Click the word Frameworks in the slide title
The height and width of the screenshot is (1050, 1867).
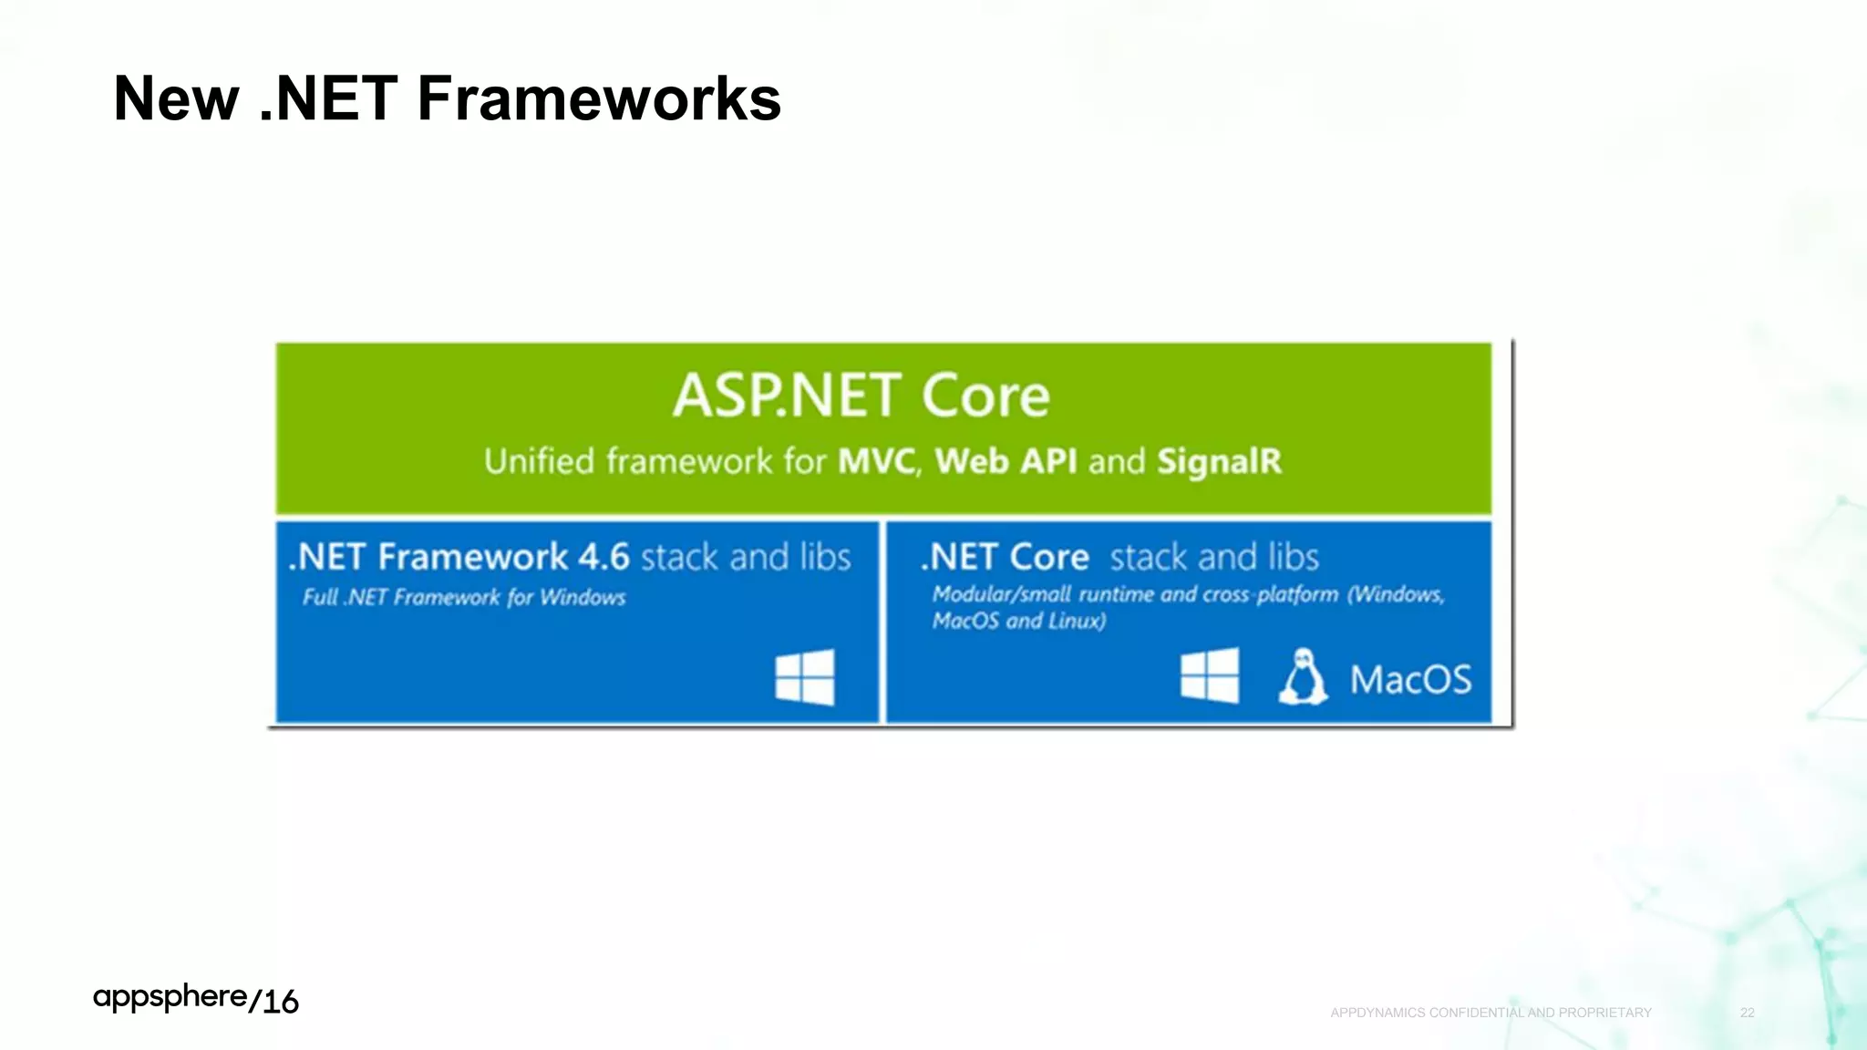tap(598, 98)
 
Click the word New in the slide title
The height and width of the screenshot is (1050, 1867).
tap(177, 98)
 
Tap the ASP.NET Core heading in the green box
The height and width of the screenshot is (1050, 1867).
tap(861, 396)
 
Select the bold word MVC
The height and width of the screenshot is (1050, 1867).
tap(877, 461)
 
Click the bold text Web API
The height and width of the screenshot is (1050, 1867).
tap(1006, 461)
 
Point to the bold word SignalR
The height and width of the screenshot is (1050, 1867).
tap(1219, 461)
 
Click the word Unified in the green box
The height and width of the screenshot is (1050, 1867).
tap(539, 461)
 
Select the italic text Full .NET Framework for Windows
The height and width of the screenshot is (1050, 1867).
tap(464, 598)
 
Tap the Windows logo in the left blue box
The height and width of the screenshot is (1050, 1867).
tap(804, 677)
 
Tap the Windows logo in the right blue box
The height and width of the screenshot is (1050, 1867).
tap(1209, 675)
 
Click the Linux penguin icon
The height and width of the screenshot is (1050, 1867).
tap(1303, 676)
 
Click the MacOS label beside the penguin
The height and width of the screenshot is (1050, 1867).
tap(1410, 680)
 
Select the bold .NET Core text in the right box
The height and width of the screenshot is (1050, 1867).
tap(1006, 557)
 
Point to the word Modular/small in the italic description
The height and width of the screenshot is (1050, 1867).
tap(1001, 594)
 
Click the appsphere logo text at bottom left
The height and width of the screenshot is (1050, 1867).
tap(170, 997)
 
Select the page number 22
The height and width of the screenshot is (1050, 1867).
tap(1747, 1013)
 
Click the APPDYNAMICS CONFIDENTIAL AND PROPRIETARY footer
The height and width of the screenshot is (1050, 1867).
tap(1491, 1013)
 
